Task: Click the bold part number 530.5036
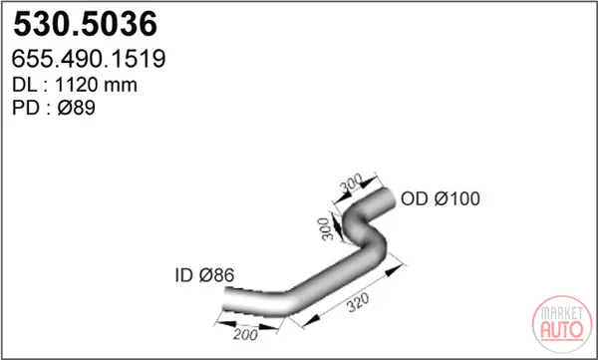point(85,24)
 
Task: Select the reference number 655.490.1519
point(89,59)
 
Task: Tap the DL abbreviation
point(25,85)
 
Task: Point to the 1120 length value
point(77,85)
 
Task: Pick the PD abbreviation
point(25,108)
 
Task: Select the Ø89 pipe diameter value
point(77,108)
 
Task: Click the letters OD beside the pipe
point(414,198)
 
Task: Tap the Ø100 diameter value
point(456,198)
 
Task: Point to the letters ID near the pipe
point(183,275)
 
